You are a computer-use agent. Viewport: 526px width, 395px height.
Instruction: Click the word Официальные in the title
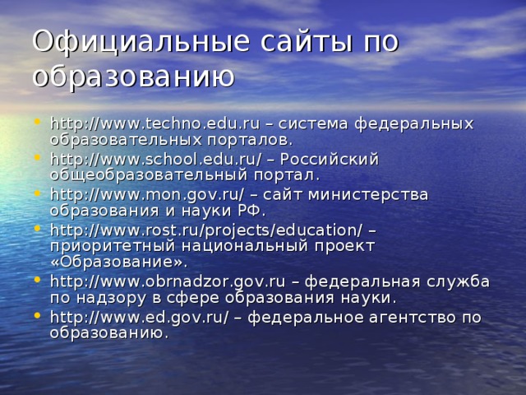point(141,43)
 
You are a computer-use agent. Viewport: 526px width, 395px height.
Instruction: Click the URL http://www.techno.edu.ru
point(155,124)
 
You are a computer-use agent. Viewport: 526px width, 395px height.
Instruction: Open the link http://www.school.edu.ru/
point(155,160)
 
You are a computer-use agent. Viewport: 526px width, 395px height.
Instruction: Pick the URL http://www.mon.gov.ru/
point(147,195)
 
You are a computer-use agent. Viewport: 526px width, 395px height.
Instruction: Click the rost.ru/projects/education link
point(206,230)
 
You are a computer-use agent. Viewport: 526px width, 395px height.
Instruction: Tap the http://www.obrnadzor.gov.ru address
point(168,281)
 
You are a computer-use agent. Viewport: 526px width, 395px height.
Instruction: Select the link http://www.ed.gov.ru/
point(140,318)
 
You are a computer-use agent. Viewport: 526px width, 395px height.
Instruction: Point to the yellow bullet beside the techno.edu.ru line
point(37,121)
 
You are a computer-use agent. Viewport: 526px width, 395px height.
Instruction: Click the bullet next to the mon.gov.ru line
point(37,193)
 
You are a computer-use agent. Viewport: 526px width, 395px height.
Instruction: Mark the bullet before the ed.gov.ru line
point(37,314)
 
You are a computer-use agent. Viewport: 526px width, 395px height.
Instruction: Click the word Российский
point(330,159)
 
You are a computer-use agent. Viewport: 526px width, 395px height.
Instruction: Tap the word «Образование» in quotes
point(119,263)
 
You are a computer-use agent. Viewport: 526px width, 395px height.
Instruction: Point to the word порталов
point(250,141)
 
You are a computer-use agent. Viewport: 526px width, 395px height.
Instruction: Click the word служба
point(459,281)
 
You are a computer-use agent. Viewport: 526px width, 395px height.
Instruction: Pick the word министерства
point(368,196)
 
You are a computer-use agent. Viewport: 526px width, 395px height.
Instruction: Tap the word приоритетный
point(113,247)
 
